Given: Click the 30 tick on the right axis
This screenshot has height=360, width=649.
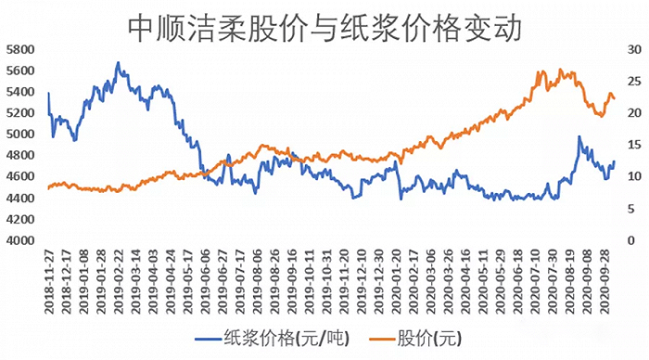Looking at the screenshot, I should coord(630,49).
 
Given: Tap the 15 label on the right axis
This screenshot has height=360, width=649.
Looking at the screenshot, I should coord(630,145).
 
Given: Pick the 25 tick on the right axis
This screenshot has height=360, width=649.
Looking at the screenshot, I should coord(630,81).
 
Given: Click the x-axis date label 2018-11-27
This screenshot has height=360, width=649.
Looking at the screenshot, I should coord(49,278).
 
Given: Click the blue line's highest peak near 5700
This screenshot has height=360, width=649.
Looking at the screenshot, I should coord(118,63).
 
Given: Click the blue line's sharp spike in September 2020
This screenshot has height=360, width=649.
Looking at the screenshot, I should coord(579,137).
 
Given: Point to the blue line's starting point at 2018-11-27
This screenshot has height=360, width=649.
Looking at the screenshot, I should coord(48,93).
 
